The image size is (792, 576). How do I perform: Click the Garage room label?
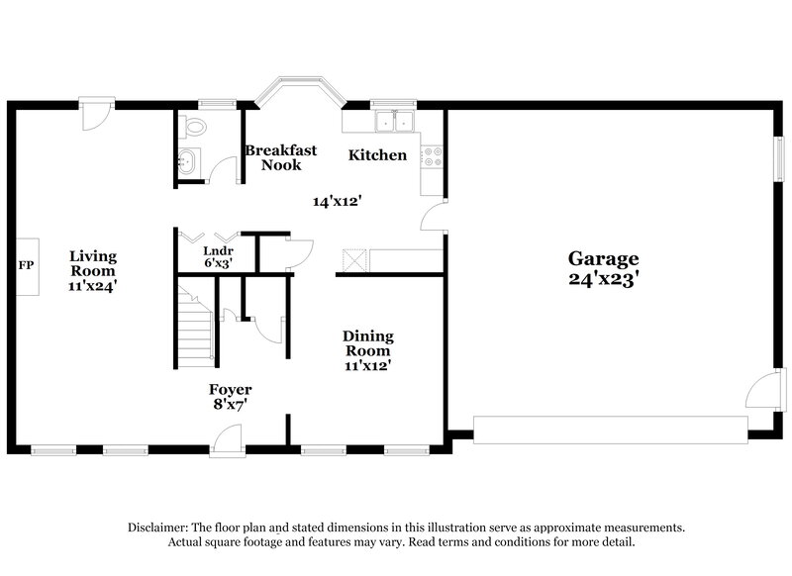pyautogui.click(x=603, y=259)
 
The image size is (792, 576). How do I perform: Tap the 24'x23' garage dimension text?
pyautogui.click(x=603, y=279)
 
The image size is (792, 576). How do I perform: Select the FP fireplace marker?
pyautogui.click(x=26, y=266)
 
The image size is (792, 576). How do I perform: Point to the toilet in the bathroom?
pyautogui.click(x=195, y=126)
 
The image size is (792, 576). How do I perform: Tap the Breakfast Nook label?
pyautogui.click(x=281, y=157)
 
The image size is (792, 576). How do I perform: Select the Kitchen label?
pyautogui.click(x=376, y=155)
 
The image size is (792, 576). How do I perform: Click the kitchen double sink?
pyautogui.click(x=393, y=123)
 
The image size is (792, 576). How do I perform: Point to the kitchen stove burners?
pyautogui.click(x=432, y=156)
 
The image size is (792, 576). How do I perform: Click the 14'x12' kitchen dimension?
pyautogui.click(x=338, y=201)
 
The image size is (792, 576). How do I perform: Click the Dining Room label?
pyautogui.click(x=366, y=342)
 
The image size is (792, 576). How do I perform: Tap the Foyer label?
pyautogui.click(x=229, y=389)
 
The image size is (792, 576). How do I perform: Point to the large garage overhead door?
pyautogui.click(x=610, y=429)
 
